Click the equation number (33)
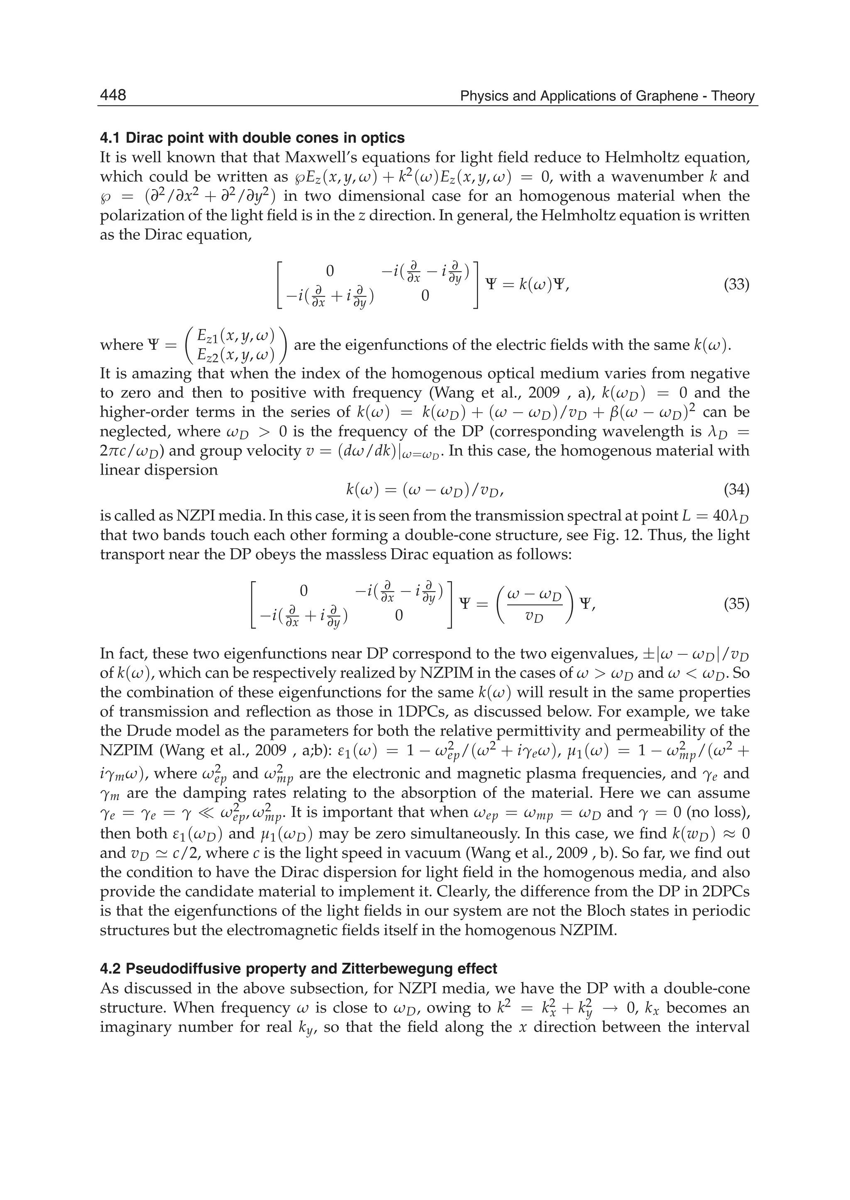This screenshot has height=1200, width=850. [x=736, y=285]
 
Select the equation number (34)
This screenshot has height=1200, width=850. [x=736, y=490]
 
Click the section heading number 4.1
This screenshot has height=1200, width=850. [x=111, y=138]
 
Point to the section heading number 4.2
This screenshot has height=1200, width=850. [x=111, y=969]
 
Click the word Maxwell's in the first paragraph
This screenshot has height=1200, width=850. [x=319, y=158]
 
